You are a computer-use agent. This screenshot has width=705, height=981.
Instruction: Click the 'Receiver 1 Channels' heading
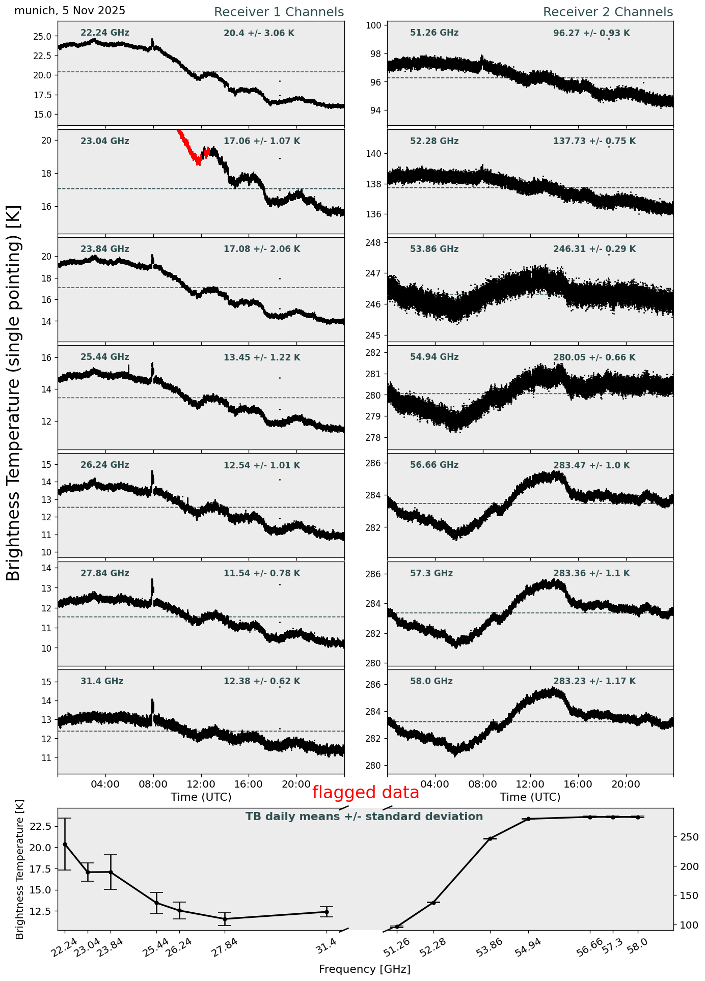pos(279,12)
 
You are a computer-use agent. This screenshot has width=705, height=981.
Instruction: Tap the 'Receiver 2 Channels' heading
pos(608,12)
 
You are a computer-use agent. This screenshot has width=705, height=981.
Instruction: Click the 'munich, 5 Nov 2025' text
pos(70,11)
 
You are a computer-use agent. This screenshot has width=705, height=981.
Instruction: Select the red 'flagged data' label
pos(365,793)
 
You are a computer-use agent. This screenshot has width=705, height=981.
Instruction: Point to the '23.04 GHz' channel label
pos(104,142)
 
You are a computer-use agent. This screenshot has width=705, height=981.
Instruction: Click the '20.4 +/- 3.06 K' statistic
pos(259,34)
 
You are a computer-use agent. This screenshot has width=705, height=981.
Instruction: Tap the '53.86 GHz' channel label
pos(434,249)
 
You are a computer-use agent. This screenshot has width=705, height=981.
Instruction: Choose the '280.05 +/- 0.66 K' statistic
pos(594,358)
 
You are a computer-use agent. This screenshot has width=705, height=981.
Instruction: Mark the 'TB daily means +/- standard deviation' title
pos(364,817)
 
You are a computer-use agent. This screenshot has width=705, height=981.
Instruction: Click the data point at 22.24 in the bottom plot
pos(65,844)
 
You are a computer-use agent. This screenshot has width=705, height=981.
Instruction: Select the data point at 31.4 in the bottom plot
pos(327,912)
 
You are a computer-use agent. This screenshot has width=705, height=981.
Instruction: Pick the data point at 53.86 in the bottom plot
pos(490,838)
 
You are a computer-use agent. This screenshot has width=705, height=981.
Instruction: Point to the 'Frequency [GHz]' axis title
pos(364,969)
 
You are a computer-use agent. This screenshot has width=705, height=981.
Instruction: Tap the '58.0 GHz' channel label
pos(431,682)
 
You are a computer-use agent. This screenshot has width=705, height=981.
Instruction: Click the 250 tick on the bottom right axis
pos(685,837)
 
